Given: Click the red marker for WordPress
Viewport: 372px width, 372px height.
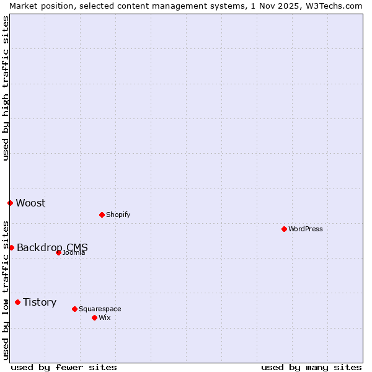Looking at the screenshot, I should [x=284, y=229].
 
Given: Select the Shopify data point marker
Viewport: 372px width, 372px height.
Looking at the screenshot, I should [x=102, y=215].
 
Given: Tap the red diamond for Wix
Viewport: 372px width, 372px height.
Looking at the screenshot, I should [x=94, y=317].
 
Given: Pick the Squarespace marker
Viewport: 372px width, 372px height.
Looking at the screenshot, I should [x=74, y=309].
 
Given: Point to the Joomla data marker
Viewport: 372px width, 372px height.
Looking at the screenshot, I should [x=58, y=252].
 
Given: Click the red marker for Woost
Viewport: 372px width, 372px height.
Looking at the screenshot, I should [x=10, y=203].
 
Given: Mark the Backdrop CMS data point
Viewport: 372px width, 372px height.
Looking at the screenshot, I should [x=11, y=247].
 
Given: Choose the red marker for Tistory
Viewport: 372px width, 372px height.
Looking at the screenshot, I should [x=17, y=302].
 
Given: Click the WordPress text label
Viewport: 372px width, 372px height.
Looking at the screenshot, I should [x=306, y=229].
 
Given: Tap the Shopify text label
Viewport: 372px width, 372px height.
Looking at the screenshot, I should [x=118, y=215].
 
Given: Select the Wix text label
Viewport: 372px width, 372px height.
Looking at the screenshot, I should [x=104, y=317].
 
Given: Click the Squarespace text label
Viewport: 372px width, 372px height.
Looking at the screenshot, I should [x=100, y=309].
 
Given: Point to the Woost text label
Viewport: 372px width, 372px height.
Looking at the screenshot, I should [x=30, y=203].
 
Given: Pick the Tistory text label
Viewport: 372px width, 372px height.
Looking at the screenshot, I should [x=40, y=302].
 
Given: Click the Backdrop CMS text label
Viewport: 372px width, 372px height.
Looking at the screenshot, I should [x=52, y=247].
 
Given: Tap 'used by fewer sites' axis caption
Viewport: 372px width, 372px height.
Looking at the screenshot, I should [x=64, y=367].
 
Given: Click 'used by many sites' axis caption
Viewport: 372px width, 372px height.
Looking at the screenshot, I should [x=311, y=367].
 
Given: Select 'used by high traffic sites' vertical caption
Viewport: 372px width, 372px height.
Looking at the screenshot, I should [x=6, y=88].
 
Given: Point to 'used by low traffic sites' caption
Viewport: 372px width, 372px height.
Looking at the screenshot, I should [x=6, y=290].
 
